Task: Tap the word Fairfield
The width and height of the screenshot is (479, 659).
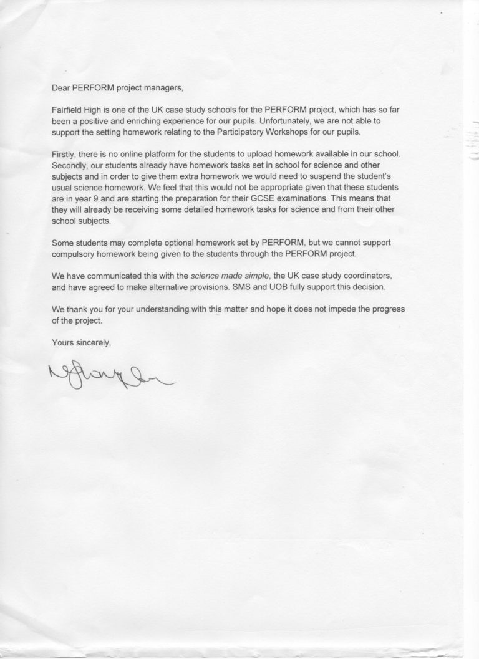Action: pos(70,108)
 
